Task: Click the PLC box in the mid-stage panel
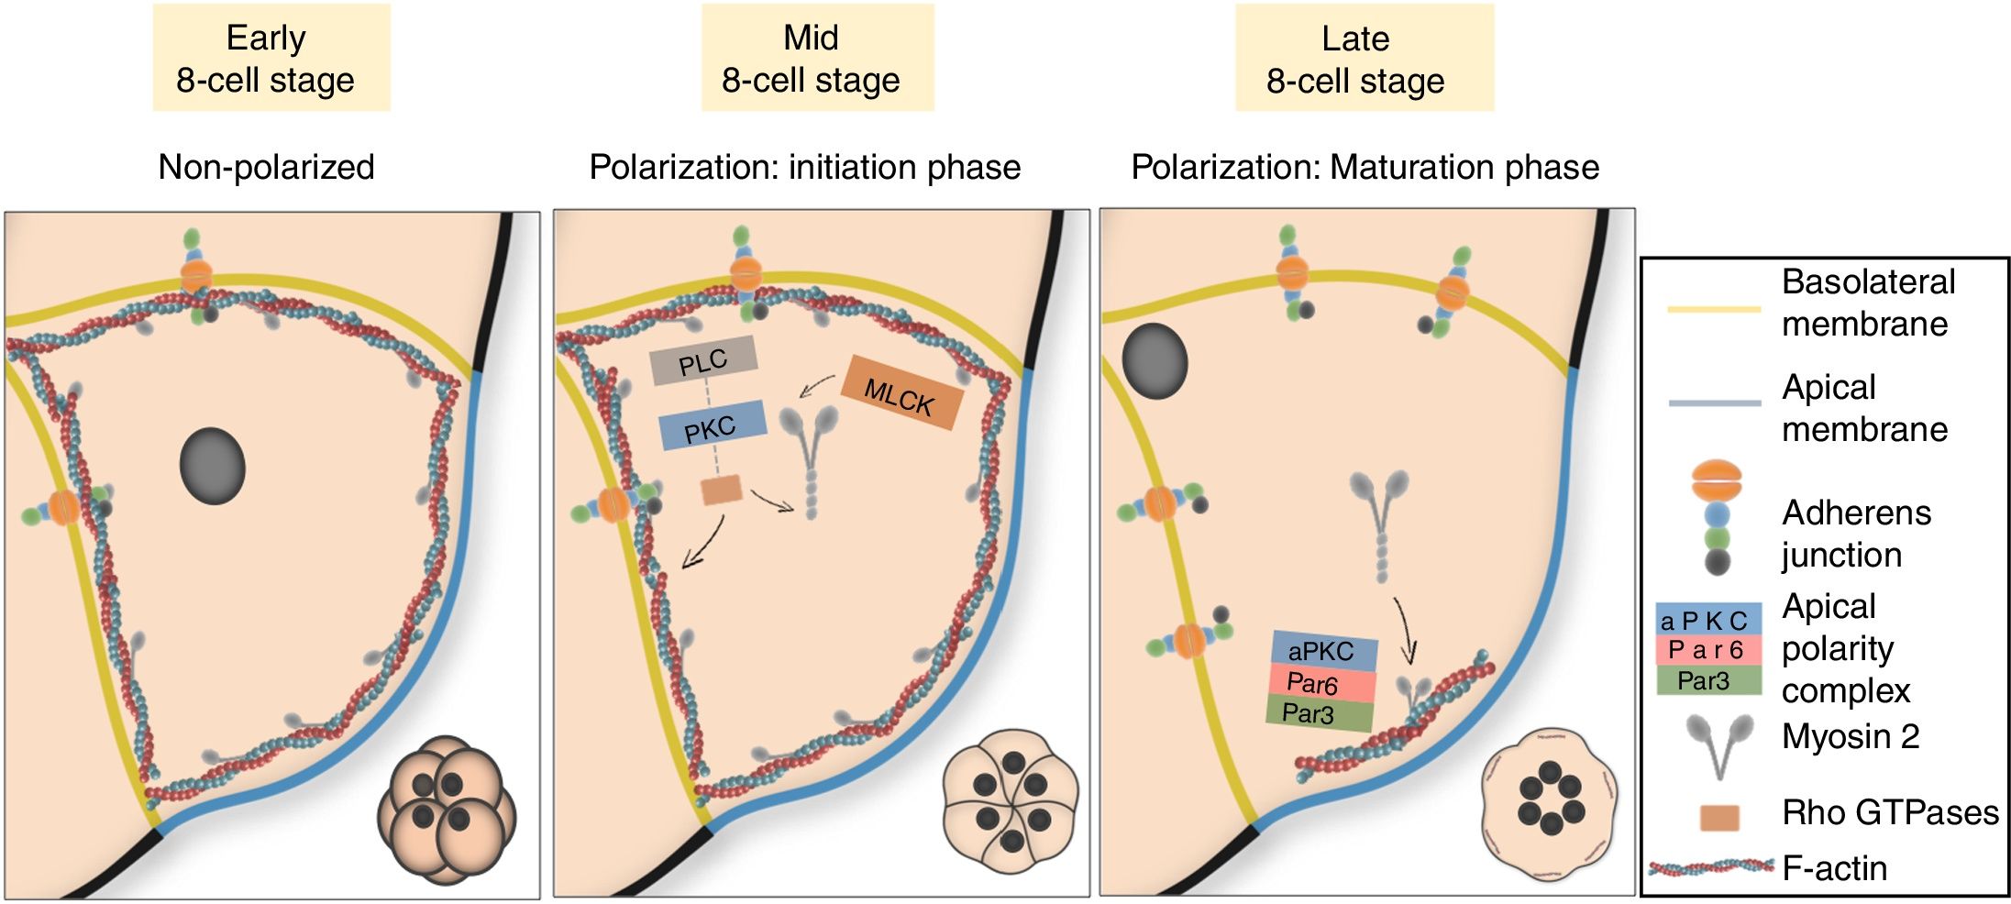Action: pos(703,360)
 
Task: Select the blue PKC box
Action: pos(712,426)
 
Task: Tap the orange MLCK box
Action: pos(901,392)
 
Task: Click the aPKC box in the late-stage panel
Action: pos(1323,650)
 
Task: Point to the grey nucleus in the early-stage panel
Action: pos(212,466)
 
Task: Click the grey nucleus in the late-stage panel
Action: pos(1155,360)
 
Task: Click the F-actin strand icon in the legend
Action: pos(1711,866)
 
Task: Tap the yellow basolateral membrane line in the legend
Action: pos(1713,310)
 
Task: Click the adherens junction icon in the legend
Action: pos(1716,516)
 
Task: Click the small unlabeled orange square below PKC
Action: pos(721,490)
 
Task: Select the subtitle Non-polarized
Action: pos(266,167)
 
